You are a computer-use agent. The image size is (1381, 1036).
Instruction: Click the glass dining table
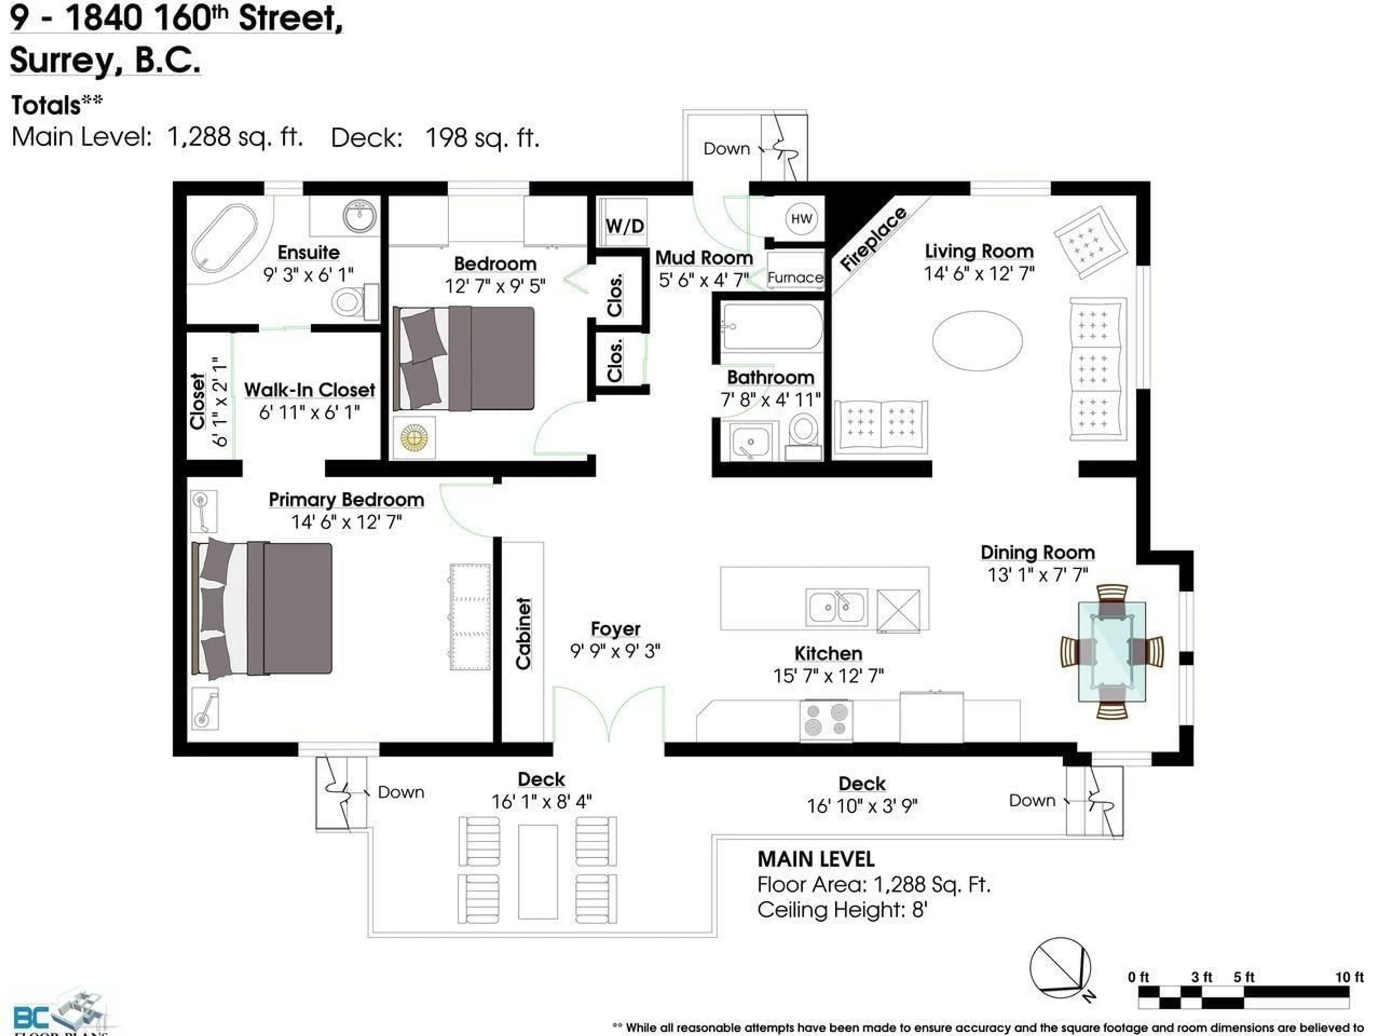tap(1112, 651)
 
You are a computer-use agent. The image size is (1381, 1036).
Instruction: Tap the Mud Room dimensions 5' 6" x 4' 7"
tap(703, 280)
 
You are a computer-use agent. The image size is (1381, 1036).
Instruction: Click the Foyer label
tap(615, 629)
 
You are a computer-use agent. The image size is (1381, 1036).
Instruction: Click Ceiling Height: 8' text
tap(842, 910)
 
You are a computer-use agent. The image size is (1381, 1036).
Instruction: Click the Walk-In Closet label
tap(309, 390)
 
